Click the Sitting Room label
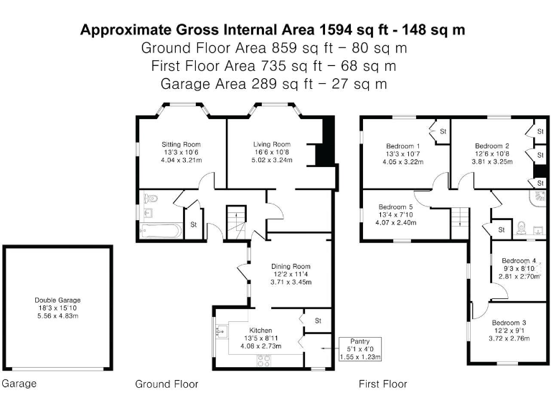[x=181, y=144]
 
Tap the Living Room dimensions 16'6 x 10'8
[x=272, y=152]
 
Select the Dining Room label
[x=291, y=267]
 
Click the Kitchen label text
[x=260, y=331]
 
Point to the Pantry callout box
[x=360, y=349]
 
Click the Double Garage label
[x=57, y=300]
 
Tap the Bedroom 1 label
[x=403, y=146]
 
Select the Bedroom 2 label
[x=492, y=146]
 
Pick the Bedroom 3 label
[x=509, y=323]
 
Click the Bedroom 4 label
[x=519, y=260]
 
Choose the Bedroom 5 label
[x=396, y=206]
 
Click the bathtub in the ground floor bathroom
[x=161, y=231]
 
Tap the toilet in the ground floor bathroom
[x=151, y=198]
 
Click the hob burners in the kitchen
[x=263, y=361]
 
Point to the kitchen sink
[x=222, y=331]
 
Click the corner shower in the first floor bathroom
[x=538, y=199]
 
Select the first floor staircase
[x=460, y=218]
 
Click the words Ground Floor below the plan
[x=166, y=384]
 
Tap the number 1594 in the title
[x=335, y=29]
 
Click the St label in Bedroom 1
[x=443, y=131]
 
